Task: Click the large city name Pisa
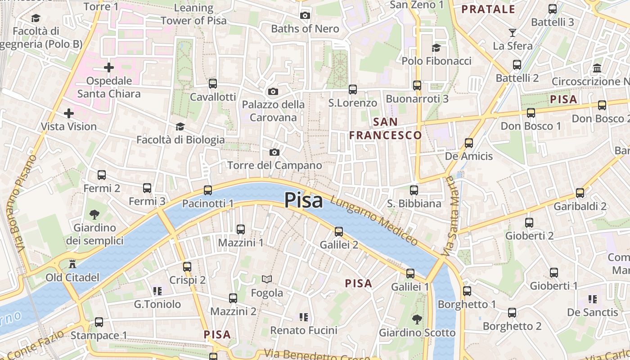coord(303,200)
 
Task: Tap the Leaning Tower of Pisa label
coord(193,14)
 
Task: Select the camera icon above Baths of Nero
coord(305,16)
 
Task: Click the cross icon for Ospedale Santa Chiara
coord(109,68)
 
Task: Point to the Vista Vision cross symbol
coord(69,113)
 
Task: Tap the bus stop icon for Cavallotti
coord(213,84)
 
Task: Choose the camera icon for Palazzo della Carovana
coord(273,92)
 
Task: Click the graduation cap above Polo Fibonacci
coord(436,48)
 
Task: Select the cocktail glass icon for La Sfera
coord(512,32)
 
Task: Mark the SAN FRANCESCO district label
coord(386,129)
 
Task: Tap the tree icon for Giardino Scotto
coord(417,319)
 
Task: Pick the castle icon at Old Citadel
coord(72,264)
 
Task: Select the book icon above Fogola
coord(267,279)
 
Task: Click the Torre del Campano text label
coord(274,166)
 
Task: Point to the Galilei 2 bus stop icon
coord(339,232)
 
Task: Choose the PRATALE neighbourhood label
coord(488,9)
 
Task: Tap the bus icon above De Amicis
coord(469,143)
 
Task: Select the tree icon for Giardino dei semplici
coord(94,214)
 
